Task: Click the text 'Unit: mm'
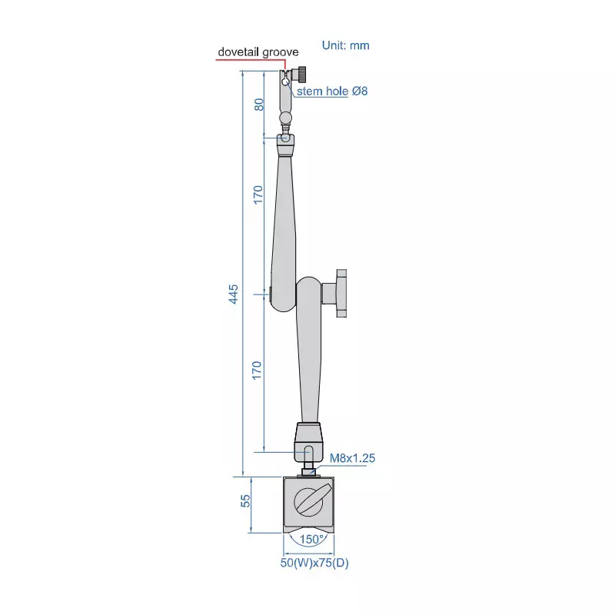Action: [346, 45]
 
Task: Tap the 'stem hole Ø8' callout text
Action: [333, 91]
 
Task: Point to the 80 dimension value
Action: [259, 104]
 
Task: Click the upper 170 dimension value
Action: [258, 194]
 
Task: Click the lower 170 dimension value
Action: [258, 369]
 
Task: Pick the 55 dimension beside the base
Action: [246, 501]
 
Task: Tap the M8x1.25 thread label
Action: [352, 458]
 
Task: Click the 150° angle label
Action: [309, 539]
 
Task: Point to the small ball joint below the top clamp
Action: [286, 118]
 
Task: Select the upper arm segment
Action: [283, 215]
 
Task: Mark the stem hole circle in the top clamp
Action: [285, 81]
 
